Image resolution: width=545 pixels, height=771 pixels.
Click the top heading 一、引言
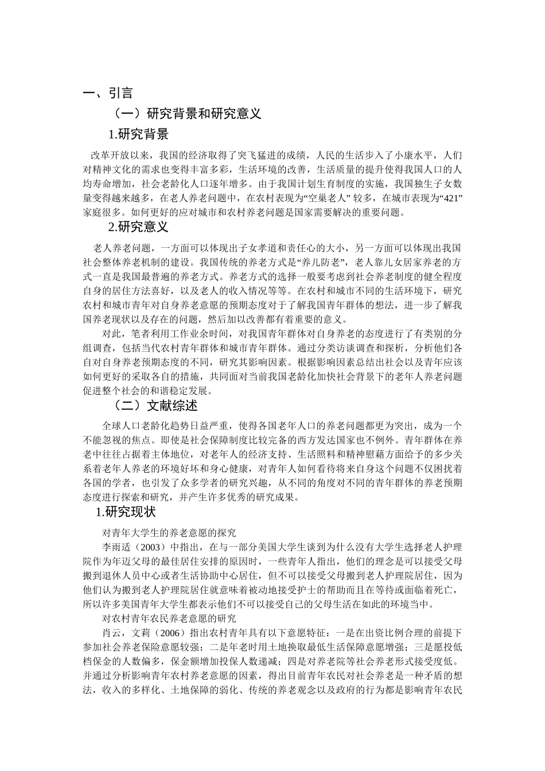(108, 94)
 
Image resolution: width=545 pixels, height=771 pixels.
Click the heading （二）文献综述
(153, 406)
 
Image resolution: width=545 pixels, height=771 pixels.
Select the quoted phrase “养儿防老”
(320, 262)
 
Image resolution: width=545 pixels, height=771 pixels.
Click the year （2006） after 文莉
(166, 633)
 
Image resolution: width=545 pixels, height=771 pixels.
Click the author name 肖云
(110, 633)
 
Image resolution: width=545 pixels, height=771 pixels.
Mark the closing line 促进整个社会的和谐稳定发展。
(149, 391)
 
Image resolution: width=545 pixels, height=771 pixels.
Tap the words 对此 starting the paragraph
(110, 333)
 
